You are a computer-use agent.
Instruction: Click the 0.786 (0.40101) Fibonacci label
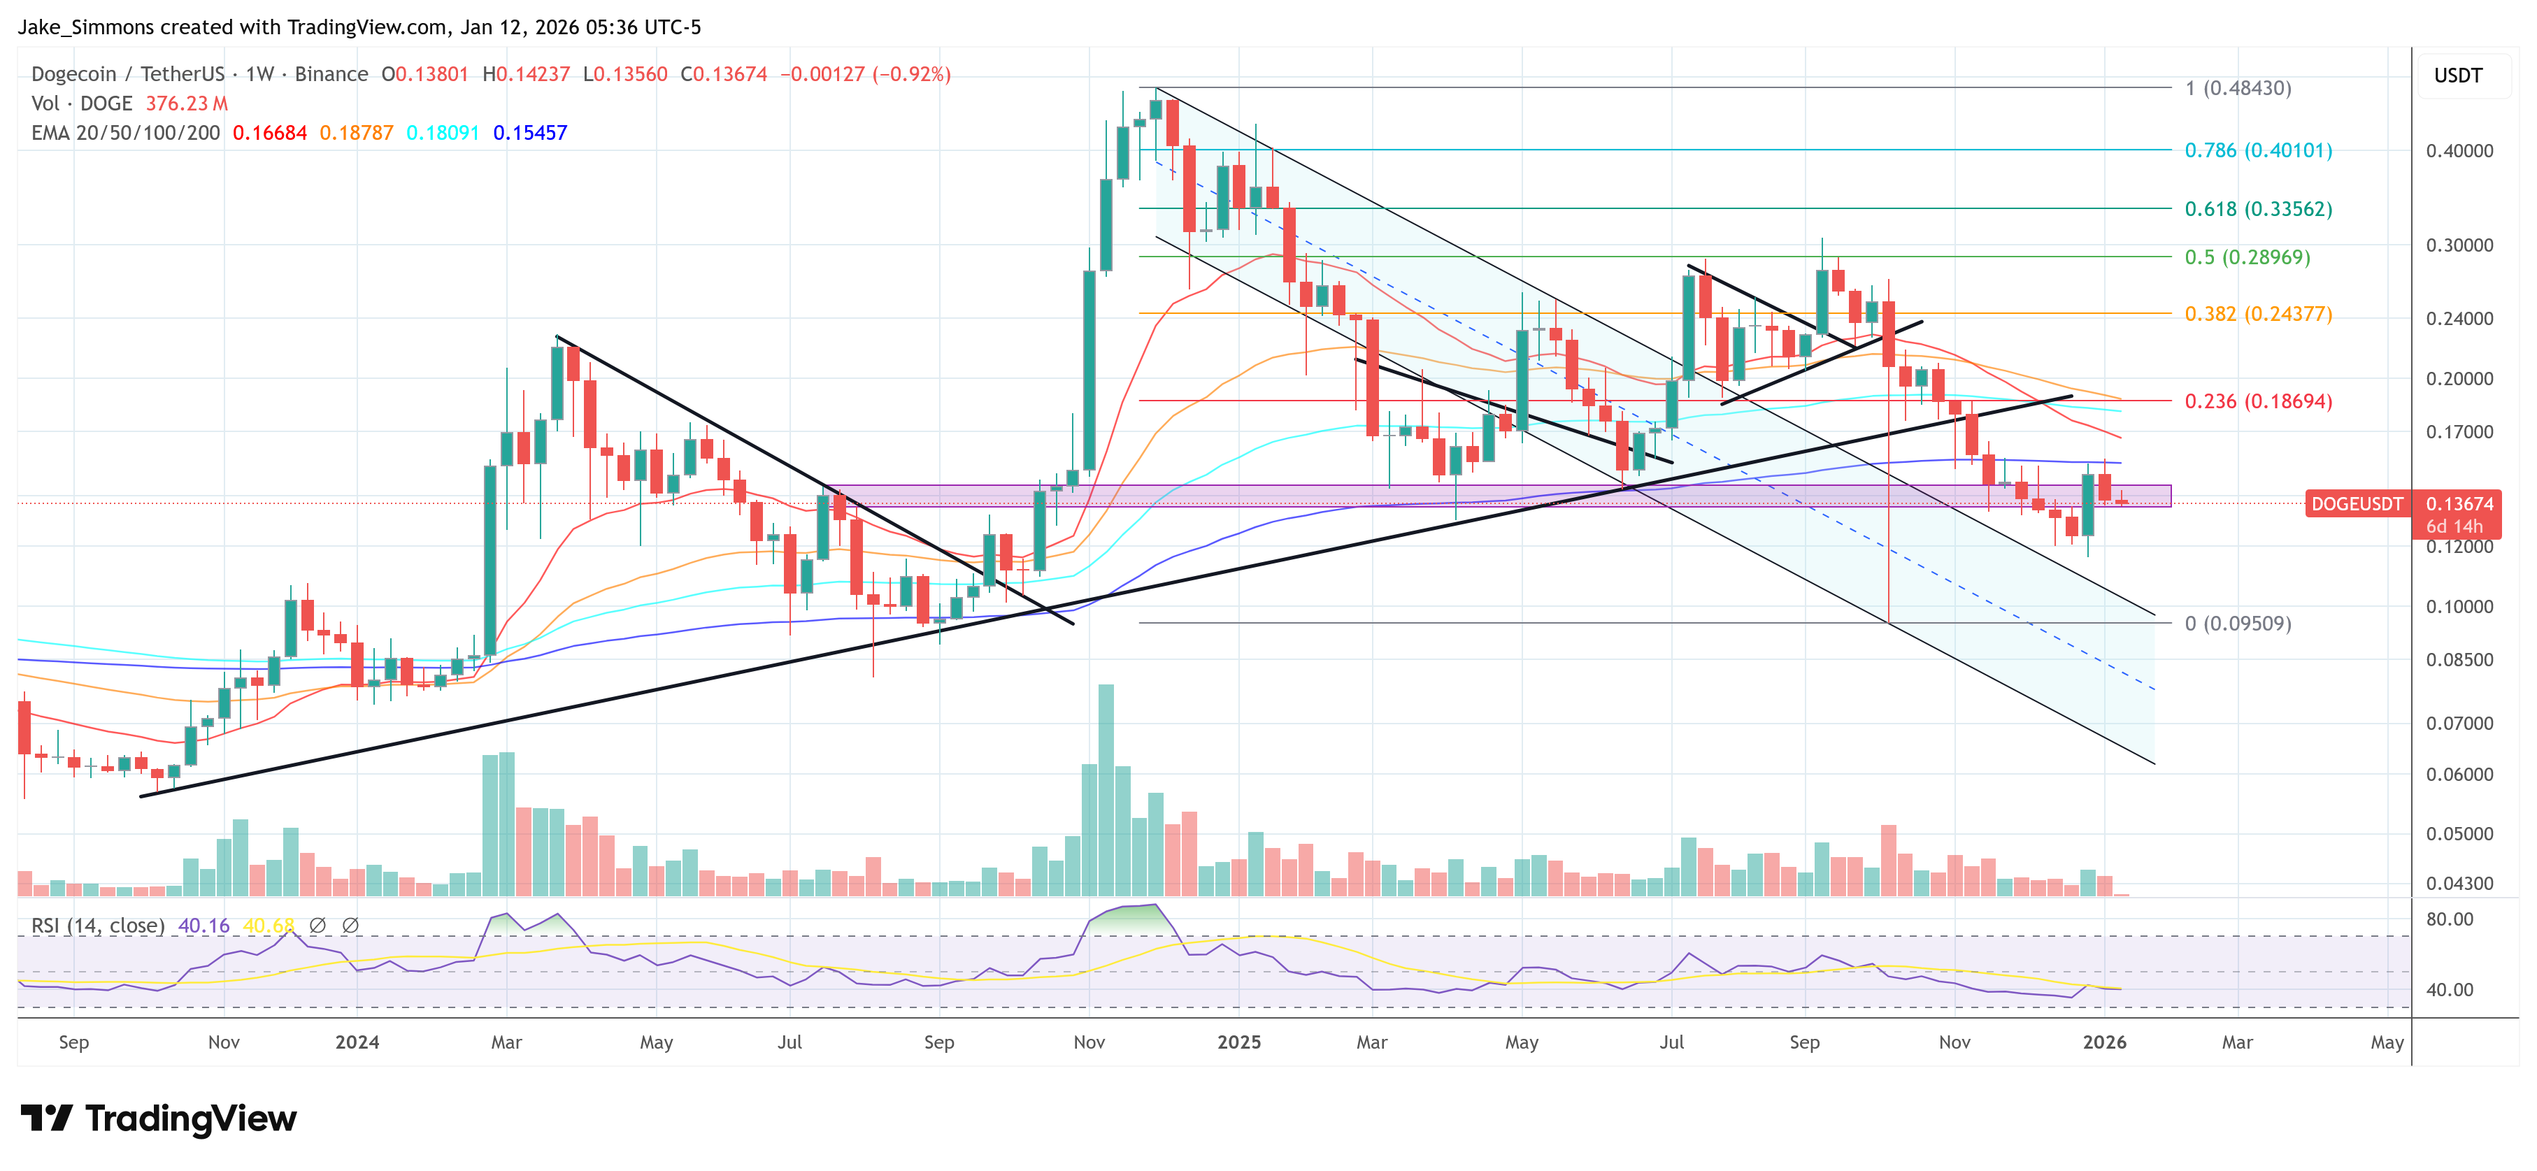pos(2257,151)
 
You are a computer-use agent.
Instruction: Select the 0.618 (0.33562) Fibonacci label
pos(2257,209)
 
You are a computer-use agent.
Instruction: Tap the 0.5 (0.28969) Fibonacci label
pos(2247,257)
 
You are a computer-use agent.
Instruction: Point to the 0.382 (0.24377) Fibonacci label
pos(2257,314)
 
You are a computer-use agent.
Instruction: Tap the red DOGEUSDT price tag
pos(2356,504)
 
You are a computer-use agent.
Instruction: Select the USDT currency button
pos(2457,76)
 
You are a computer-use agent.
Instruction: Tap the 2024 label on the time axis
pos(357,1042)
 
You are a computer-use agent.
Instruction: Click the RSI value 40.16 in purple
pos(203,926)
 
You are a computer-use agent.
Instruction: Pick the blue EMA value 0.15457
pos(530,133)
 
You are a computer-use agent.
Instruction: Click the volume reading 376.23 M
pos(186,103)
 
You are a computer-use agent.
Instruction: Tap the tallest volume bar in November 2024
pos(1106,788)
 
